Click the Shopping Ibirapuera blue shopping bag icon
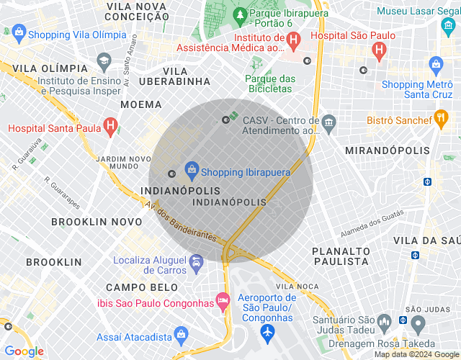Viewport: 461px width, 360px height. click(192, 171)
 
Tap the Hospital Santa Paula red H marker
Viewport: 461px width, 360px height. click(109, 128)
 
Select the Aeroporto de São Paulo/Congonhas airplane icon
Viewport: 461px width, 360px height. click(268, 333)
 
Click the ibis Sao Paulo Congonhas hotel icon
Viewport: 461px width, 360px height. click(223, 302)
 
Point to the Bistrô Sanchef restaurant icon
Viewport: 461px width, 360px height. click(442, 120)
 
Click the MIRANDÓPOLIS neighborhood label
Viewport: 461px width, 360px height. click(388, 150)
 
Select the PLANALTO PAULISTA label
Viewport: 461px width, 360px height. click(340, 256)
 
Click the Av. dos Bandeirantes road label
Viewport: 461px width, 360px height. click(180, 220)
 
